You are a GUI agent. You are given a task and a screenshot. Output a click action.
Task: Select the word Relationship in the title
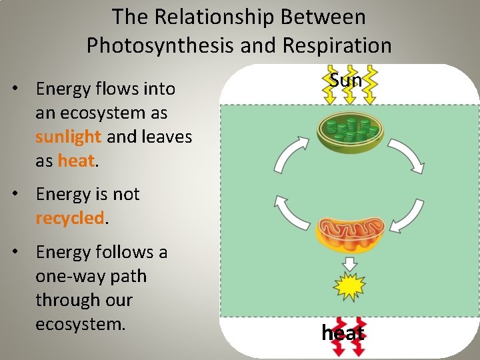tap(229, 16)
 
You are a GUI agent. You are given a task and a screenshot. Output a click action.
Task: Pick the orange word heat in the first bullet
tap(76, 161)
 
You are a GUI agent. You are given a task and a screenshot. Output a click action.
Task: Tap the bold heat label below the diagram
tap(343, 333)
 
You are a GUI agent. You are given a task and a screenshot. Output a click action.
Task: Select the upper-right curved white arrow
tap(407, 154)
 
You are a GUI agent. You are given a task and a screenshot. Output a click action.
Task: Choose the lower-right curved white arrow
tap(406, 215)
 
